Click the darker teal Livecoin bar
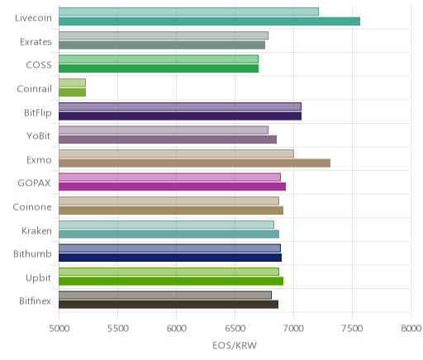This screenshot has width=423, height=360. pyautogui.click(x=209, y=21)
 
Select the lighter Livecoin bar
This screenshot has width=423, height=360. pyautogui.click(x=188, y=12)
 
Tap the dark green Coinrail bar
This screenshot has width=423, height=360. pyautogui.click(x=72, y=92)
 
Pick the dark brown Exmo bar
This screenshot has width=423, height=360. pyautogui.click(x=194, y=163)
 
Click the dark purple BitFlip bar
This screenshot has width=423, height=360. pyautogui.click(x=180, y=116)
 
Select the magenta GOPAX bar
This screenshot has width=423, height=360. pyautogui.click(x=172, y=187)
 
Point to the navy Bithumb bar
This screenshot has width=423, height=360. pyautogui.click(x=170, y=258)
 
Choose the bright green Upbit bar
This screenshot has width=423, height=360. pyautogui.click(x=171, y=282)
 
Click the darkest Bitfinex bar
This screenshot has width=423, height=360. pyautogui.click(x=169, y=305)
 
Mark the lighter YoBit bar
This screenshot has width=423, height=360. pyautogui.click(x=164, y=130)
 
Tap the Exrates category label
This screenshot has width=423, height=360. pyautogui.click(x=36, y=42)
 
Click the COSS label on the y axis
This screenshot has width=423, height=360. pyautogui.click(x=39, y=65)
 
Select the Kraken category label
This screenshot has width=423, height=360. pyautogui.click(x=36, y=230)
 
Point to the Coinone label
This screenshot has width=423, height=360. pyautogui.click(x=32, y=207)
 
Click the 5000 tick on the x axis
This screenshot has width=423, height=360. pyautogui.click(x=59, y=329)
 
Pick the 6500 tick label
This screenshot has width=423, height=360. pyautogui.click(x=235, y=329)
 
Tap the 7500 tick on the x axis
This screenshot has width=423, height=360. pyautogui.click(x=353, y=329)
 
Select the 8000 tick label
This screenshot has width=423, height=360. pyautogui.click(x=411, y=329)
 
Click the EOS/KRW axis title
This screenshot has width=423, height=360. pyautogui.click(x=235, y=345)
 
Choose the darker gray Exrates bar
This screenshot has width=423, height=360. pyautogui.click(x=162, y=45)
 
